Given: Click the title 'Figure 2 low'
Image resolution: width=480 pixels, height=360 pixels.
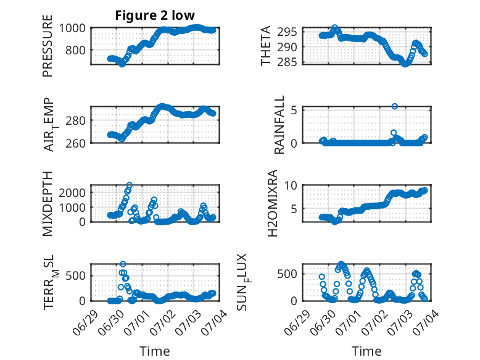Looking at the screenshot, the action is [x=155, y=15].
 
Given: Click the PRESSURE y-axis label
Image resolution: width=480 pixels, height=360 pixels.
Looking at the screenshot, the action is [x=48, y=46].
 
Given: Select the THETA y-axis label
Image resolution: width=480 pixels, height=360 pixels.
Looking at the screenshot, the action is [x=266, y=46].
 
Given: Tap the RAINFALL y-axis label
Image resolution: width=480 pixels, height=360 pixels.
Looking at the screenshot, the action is [x=279, y=125].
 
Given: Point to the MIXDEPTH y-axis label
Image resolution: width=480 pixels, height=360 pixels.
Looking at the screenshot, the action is [x=48, y=203].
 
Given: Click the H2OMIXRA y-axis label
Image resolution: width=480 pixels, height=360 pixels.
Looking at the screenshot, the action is [x=272, y=203].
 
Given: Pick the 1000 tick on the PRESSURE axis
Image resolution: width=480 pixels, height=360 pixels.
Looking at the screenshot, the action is [x=72, y=28].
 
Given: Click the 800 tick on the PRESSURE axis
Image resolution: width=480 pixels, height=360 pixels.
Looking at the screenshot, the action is [x=76, y=50].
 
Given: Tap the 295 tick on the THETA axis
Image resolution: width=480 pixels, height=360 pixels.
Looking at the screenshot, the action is [x=287, y=31].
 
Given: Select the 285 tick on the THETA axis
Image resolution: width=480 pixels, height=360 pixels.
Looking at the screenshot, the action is [x=287, y=62].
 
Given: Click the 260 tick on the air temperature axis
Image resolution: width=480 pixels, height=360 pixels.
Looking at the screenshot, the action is [x=76, y=143].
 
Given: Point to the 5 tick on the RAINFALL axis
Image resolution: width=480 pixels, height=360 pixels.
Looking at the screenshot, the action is [x=294, y=110].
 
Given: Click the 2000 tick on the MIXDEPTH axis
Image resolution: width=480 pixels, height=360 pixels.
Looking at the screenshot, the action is [x=72, y=193].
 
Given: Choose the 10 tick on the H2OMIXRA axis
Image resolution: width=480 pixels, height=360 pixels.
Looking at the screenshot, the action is [x=291, y=185].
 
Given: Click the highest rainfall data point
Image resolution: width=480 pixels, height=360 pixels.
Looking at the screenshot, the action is [x=395, y=106].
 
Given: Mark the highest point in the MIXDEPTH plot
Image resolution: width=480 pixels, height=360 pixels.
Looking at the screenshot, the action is [x=130, y=185].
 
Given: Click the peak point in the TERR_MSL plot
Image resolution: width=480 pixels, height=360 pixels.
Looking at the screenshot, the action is [x=123, y=264].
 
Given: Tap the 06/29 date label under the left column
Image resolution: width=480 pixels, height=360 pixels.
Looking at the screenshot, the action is [x=85, y=322].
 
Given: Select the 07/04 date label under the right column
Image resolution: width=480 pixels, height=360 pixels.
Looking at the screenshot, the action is [x=426, y=322].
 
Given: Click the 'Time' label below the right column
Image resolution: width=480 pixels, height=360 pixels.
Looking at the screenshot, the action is [x=366, y=351].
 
